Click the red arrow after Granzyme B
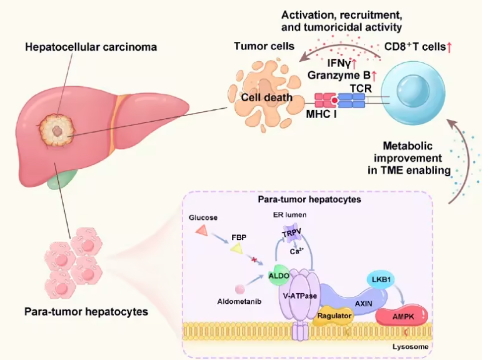click(374, 76)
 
